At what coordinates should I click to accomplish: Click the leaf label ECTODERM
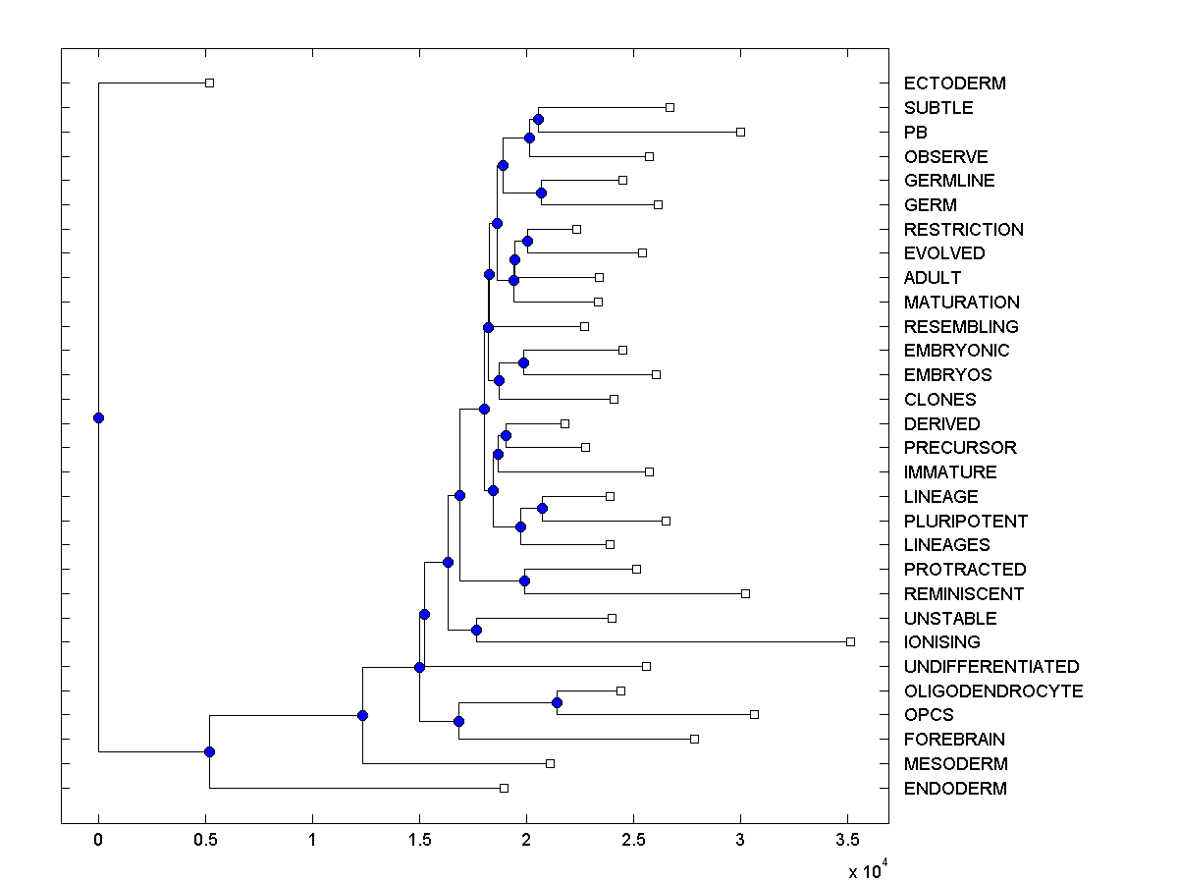click(x=954, y=83)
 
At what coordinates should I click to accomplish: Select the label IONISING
click(x=941, y=642)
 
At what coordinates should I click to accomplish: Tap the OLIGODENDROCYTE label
click(x=993, y=691)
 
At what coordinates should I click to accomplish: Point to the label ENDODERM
click(x=955, y=788)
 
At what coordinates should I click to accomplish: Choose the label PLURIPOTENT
click(x=966, y=521)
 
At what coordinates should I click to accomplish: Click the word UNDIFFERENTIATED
click(x=991, y=667)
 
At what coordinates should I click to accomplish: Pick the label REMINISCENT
click(x=964, y=593)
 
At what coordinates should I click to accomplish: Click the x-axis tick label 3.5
click(x=847, y=840)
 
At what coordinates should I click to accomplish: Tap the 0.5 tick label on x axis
click(x=205, y=840)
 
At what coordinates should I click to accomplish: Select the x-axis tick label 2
click(x=526, y=840)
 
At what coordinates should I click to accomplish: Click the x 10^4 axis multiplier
click(x=868, y=869)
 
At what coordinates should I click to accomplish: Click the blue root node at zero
click(x=98, y=417)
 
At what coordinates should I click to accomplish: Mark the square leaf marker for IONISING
click(x=850, y=641)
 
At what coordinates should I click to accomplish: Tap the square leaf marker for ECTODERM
click(x=209, y=83)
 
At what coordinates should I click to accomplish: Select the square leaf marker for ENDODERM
click(x=504, y=788)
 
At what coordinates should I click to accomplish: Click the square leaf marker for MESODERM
click(x=550, y=763)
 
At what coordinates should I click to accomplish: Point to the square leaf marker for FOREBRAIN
click(x=694, y=739)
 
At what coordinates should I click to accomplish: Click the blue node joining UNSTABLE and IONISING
click(x=476, y=630)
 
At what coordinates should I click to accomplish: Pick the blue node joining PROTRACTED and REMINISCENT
click(x=524, y=580)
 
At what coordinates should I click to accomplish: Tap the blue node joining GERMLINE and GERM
click(x=541, y=193)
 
